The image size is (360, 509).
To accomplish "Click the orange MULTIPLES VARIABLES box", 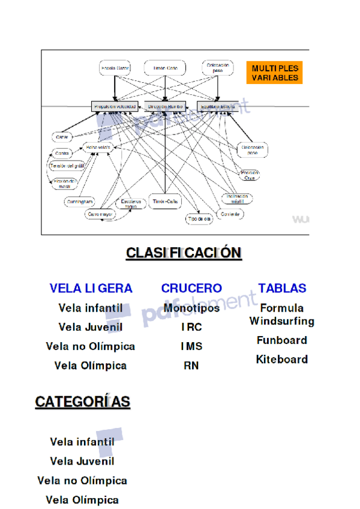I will pyautogui.click(x=274, y=73).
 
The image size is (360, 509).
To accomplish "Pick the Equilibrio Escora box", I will pyautogui.click(x=217, y=106).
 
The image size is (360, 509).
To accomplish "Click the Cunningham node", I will pyautogui.click(x=79, y=202).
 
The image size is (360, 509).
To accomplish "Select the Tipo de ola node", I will pyautogui.click(x=199, y=219).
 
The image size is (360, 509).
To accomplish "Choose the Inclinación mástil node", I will pyautogui.click(x=236, y=199).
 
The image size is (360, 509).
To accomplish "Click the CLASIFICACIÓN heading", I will pyautogui.click(x=184, y=253).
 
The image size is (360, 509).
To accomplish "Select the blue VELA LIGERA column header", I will pyautogui.click(x=91, y=288).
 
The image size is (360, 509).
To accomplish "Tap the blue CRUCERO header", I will pyautogui.click(x=191, y=288).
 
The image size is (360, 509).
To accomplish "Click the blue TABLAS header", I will pyautogui.click(x=282, y=288).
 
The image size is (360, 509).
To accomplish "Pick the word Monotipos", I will pyautogui.click(x=191, y=309).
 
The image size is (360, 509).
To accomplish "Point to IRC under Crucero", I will pyautogui.click(x=191, y=328).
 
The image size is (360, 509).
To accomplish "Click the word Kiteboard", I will pyautogui.click(x=281, y=360).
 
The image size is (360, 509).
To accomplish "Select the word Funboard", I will pyautogui.click(x=281, y=340).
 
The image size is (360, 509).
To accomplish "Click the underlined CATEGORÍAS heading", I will pyautogui.click(x=83, y=402).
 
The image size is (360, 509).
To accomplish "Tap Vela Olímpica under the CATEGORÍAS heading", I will pyautogui.click(x=82, y=500).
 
